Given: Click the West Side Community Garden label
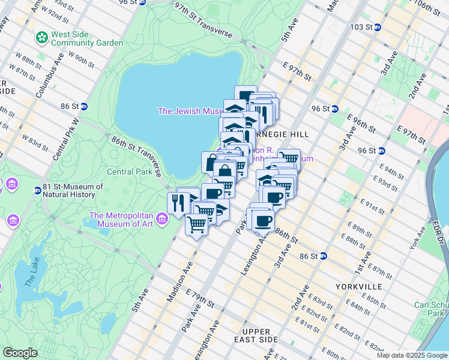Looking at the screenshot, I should tap(87, 38).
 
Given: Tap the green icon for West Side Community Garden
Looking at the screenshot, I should tap(42, 38).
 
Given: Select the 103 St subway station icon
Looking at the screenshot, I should tap(377, 27).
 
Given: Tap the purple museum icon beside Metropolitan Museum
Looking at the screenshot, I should tap(161, 220).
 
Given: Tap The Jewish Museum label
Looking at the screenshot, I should tap(190, 111).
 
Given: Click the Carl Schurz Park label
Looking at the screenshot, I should tap(431, 309).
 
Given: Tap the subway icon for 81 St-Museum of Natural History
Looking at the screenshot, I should tap(37, 190).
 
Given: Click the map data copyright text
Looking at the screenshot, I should tap(412, 355).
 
